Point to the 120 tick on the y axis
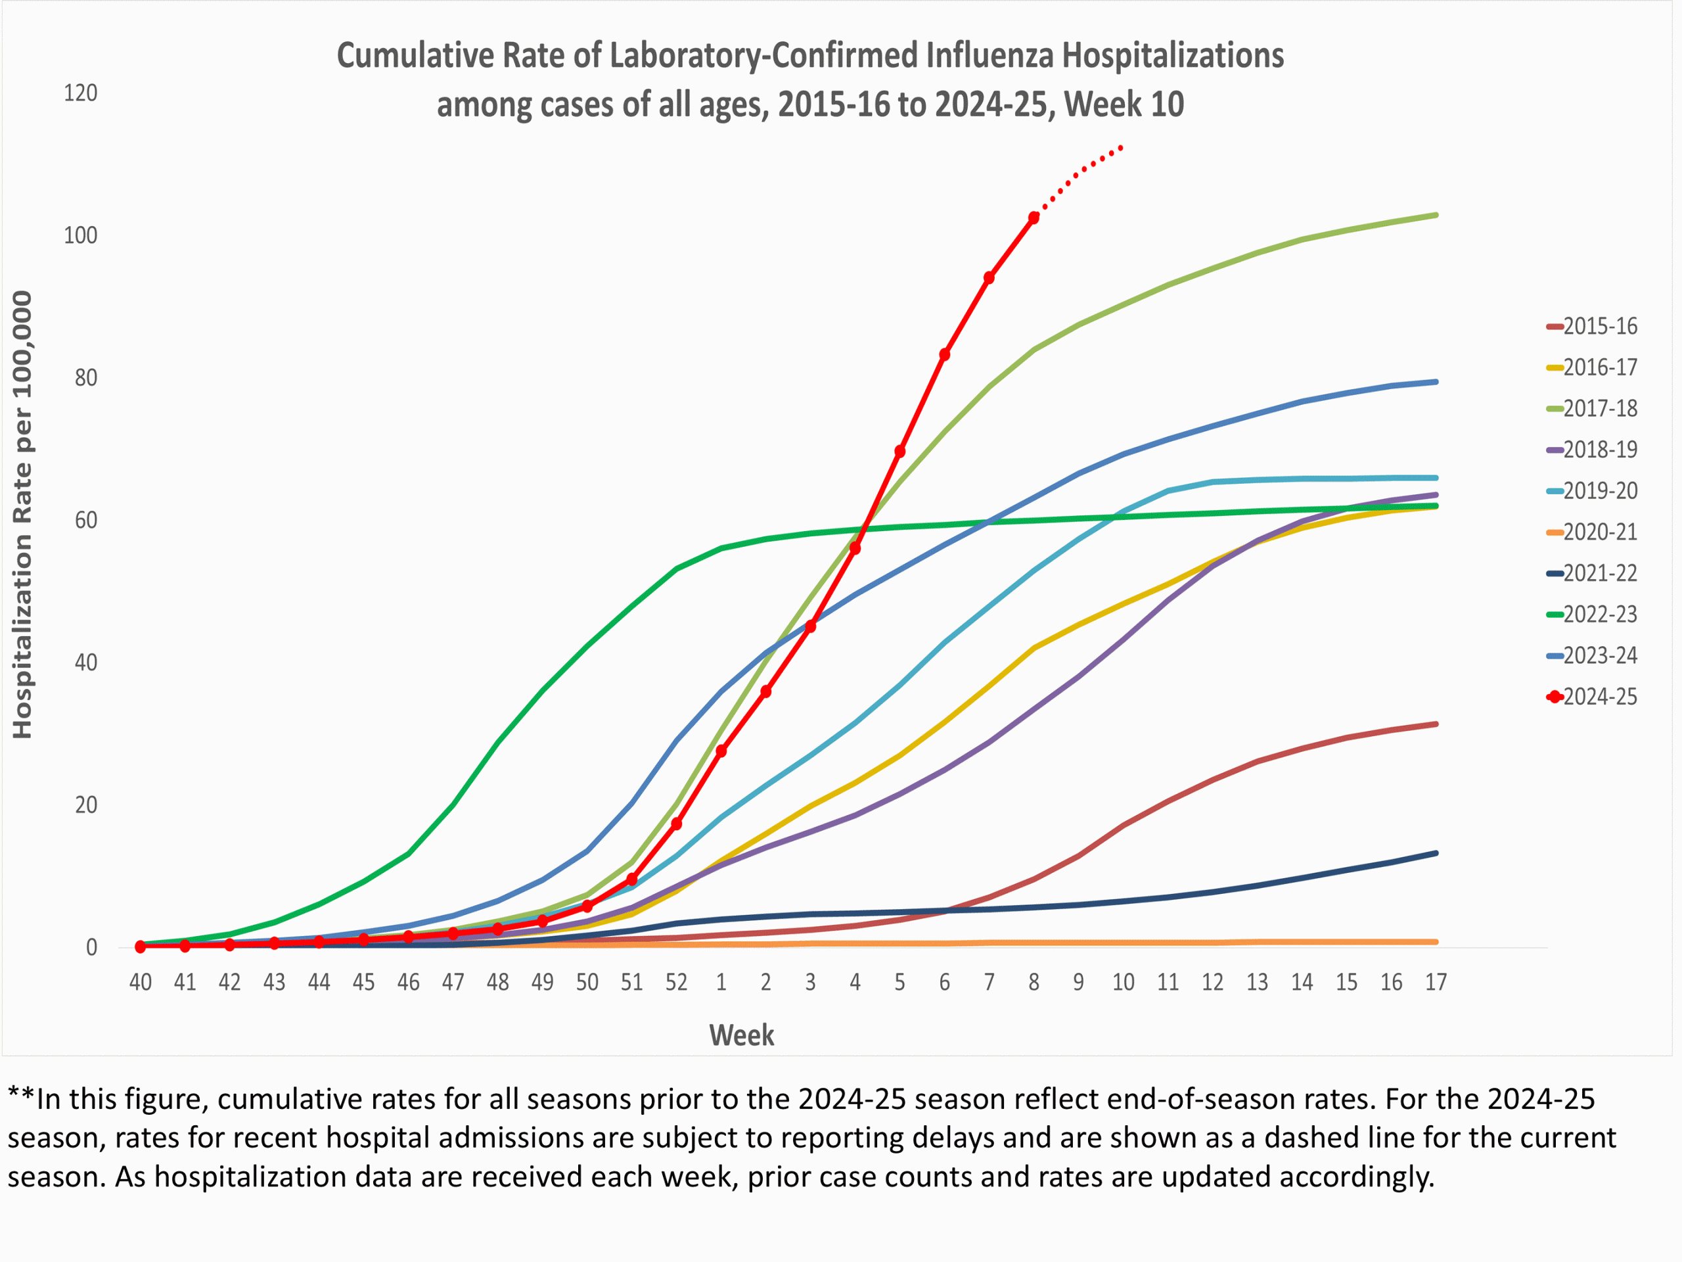(81, 93)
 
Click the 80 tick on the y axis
(85, 378)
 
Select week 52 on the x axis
(676, 983)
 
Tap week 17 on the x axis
(1436, 983)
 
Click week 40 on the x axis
(141, 983)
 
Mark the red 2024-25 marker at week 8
(1034, 218)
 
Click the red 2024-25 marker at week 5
(899, 452)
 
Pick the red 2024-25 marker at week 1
(721, 751)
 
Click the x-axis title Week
(741, 1036)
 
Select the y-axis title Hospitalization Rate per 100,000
(23, 515)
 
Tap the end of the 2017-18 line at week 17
(1435, 216)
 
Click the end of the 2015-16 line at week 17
(1435, 724)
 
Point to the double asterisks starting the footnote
(21, 1097)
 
